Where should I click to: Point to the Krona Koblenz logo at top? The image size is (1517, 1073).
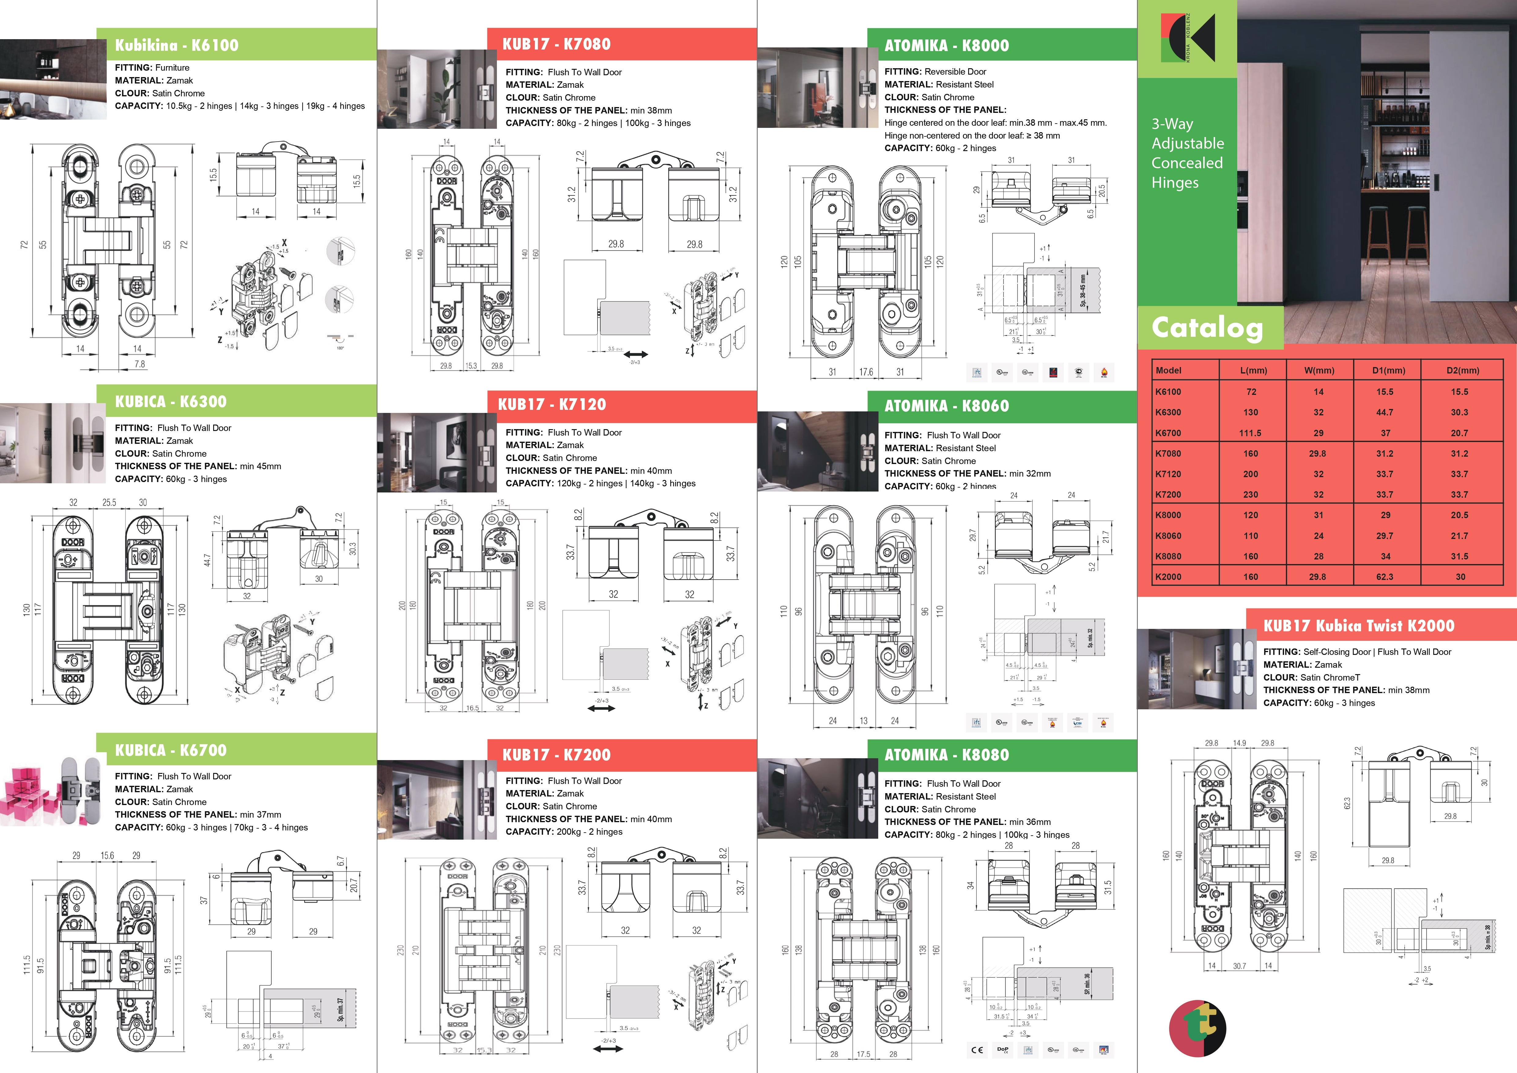pos(1187,38)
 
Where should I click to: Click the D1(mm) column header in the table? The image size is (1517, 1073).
pos(1386,371)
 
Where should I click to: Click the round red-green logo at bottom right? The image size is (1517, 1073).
pos(1197,1029)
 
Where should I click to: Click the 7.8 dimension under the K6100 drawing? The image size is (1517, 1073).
pos(139,364)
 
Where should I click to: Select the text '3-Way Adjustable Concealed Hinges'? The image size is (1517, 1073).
pos(1187,153)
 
